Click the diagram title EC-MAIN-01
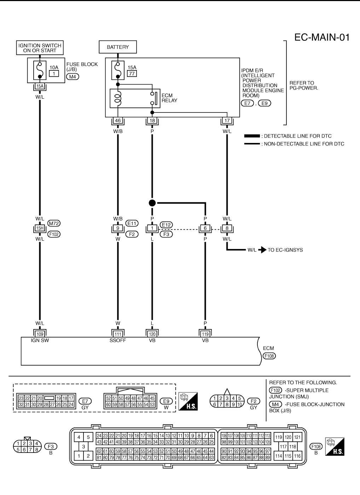[x=322, y=38]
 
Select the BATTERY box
[x=118, y=47]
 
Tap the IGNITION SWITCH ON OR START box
[x=40, y=48]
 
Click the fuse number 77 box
[x=132, y=73]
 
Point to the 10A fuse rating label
[x=54, y=67]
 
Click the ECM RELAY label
[x=169, y=98]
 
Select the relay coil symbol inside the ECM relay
[x=118, y=98]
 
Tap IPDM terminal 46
[x=118, y=120]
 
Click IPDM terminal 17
[x=227, y=120]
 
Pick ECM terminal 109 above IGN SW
[x=40, y=334]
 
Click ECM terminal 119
[x=205, y=334]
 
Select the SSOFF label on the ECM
[x=118, y=340]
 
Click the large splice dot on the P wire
[x=152, y=203]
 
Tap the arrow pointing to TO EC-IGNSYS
[x=262, y=250]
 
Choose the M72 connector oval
[x=54, y=223]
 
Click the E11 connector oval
[x=132, y=223]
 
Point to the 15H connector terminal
[x=40, y=228]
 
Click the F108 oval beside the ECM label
[x=269, y=356]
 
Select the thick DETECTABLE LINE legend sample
[x=252, y=136]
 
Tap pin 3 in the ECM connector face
[x=83, y=447]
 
